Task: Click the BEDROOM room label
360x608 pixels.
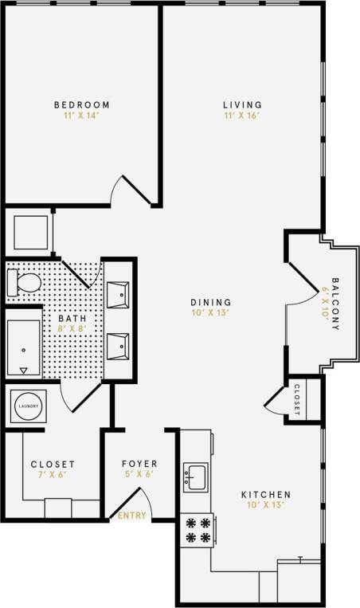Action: click(x=81, y=105)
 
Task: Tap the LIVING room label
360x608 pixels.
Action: click(x=242, y=105)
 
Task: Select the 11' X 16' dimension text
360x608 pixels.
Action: click(x=242, y=116)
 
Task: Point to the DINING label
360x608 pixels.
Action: click(x=210, y=302)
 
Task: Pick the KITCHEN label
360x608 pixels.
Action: click(x=266, y=494)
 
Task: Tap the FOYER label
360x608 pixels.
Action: click(x=139, y=464)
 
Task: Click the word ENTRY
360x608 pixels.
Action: click(x=132, y=516)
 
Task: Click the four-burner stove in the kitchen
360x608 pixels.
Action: click(x=197, y=531)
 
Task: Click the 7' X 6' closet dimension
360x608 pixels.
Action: click(x=53, y=475)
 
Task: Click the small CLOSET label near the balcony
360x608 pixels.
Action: click(x=297, y=400)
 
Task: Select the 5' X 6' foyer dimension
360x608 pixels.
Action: click(x=139, y=475)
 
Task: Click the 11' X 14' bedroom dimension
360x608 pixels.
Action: click(x=81, y=116)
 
